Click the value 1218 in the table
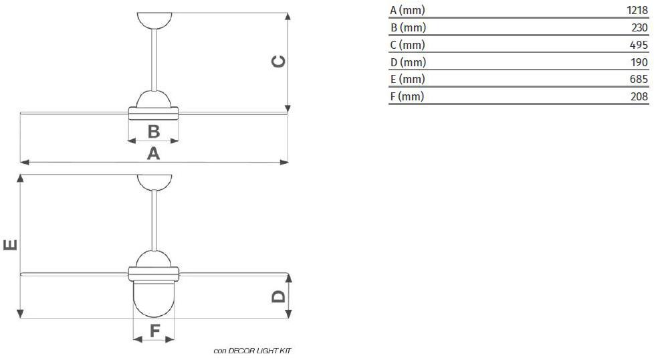point(637,10)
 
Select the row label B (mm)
point(409,27)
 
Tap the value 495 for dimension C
point(639,45)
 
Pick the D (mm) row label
point(409,62)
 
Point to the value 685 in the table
point(639,79)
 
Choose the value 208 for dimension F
point(639,96)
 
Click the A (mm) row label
point(407,10)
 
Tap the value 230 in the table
point(639,27)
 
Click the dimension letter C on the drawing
point(278,62)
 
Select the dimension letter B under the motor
point(154,131)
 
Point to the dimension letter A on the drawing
point(154,153)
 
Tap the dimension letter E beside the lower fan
point(11,245)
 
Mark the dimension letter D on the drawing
point(278,296)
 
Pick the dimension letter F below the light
point(154,331)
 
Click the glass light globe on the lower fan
point(154,298)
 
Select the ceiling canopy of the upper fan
point(154,21)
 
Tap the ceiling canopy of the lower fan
point(154,182)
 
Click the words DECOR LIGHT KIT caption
point(259,351)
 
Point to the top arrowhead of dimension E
point(20,179)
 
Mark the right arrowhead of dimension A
point(284,162)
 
